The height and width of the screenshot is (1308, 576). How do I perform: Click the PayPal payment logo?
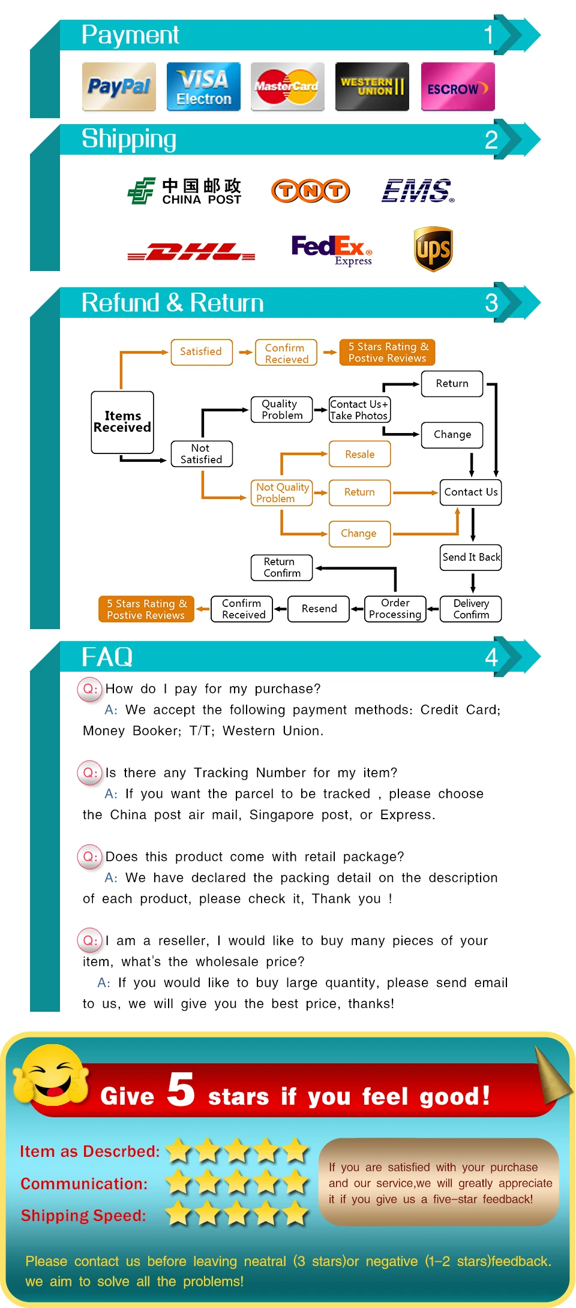[x=119, y=87]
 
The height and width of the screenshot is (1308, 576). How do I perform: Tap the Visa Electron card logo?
[x=203, y=87]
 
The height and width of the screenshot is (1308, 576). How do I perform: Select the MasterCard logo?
[x=287, y=87]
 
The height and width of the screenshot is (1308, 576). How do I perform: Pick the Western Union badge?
[x=372, y=87]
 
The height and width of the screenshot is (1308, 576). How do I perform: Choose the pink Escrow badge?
[x=457, y=87]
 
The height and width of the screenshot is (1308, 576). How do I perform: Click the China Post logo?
[x=184, y=191]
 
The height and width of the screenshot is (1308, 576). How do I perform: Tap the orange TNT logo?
[x=310, y=191]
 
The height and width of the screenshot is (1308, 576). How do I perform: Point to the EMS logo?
[x=418, y=191]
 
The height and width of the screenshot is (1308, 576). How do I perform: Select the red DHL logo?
[x=191, y=252]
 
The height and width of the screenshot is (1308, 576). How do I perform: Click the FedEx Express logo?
[x=331, y=249]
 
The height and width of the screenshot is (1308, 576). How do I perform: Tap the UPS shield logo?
[x=433, y=249]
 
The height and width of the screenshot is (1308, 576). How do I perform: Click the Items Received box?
[x=122, y=422]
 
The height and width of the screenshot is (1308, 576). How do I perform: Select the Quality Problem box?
[x=281, y=410]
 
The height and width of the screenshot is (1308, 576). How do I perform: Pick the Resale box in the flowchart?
[x=359, y=454]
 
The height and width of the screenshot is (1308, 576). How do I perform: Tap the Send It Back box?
[x=471, y=557]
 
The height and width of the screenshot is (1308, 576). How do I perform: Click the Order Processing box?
[x=395, y=609]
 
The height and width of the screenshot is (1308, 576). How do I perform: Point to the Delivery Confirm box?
[x=471, y=609]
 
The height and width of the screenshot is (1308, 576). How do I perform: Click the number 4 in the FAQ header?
[x=491, y=657]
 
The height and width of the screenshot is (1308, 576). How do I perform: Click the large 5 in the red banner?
[x=181, y=1089]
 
